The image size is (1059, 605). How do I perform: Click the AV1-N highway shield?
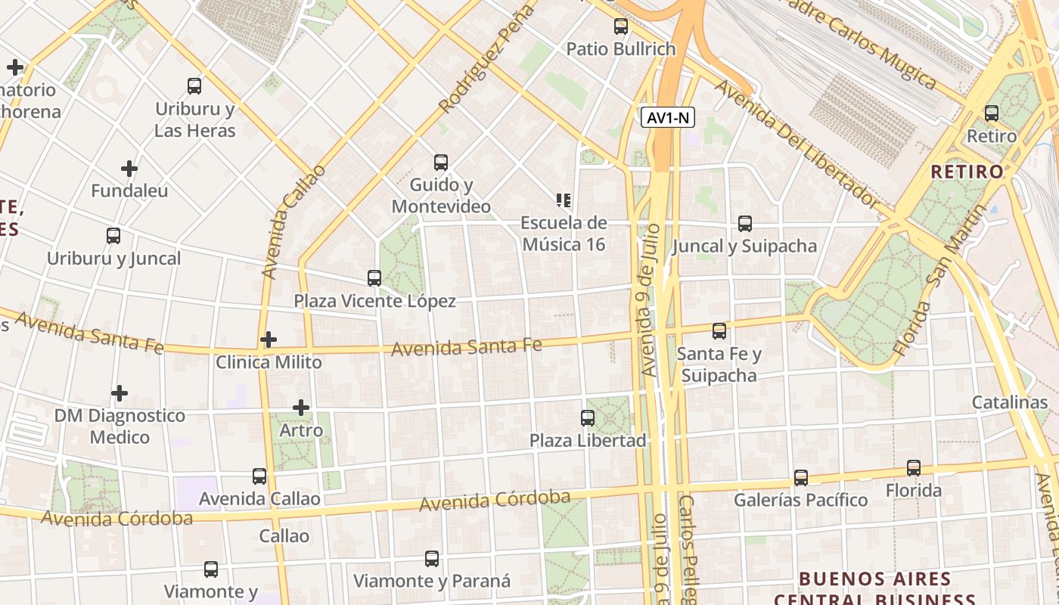point(668,117)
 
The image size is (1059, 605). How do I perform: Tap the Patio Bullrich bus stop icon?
point(621,26)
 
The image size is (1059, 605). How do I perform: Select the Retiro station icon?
point(991,113)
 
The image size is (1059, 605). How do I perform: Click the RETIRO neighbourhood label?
point(967,172)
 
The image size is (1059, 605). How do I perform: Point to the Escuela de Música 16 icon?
point(564,200)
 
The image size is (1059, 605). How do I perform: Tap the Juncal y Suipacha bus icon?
point(745,224)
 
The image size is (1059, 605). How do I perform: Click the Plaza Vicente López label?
point(374,301)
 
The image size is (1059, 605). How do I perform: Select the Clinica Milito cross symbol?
point(269,340)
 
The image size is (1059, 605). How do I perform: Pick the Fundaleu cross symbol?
point(129,168)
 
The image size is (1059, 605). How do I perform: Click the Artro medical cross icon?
point(301,408)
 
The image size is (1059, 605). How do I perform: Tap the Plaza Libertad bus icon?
point(588,417)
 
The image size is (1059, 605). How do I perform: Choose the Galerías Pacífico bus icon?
point(801,477)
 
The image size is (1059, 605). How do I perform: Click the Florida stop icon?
point(914,468)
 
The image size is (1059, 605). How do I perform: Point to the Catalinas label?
point(1010,402)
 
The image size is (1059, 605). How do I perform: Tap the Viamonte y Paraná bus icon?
point(432,559)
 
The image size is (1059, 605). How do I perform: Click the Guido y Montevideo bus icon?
point(441,162)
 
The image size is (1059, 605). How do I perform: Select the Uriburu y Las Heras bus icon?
point(194,85)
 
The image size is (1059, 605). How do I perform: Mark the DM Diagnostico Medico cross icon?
point(120,393)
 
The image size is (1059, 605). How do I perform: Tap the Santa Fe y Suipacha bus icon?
point(719,330)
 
